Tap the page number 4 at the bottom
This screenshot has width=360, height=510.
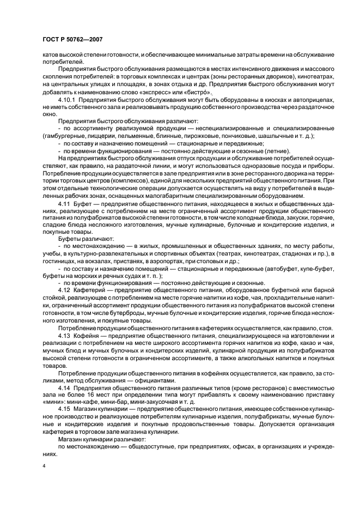point(43,466)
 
